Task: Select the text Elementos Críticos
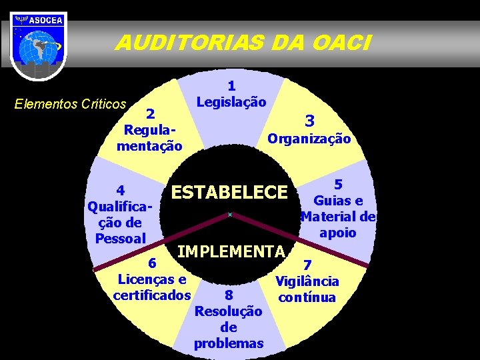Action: tap(71, 104)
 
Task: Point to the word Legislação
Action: tap(231, 102)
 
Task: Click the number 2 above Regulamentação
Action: tap(151, 113)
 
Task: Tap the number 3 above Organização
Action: tap(309, 121)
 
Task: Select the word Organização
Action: tap(309, 139)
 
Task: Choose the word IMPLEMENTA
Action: tap(231, 251)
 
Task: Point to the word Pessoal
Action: tap(121, 238)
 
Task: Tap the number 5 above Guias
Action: tap(338, 185)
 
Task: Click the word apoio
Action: tap(338, 233)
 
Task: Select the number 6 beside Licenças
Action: tap(152, 263)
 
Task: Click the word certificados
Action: tap(152, 294)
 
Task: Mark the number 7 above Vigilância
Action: tap(307, 265)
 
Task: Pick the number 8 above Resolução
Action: tap(229, 295)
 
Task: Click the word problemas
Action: tap(229, 343)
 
